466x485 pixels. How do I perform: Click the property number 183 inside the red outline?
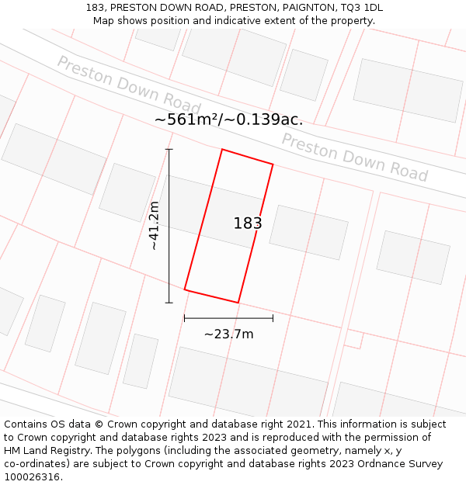pyautogui.click(x=248, y=223)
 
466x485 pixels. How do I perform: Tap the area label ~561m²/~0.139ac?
pyautogui.click(x=228, y=120)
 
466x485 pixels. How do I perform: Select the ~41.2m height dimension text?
pyautogui.click(x=154, y=225)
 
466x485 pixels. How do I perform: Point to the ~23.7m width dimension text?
pyautogui.click(x=228, y=334)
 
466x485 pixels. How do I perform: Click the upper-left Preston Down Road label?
pyautogui.click(x=129, y=86)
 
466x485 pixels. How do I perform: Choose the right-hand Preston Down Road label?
pyautogui.click(x=354, y=158)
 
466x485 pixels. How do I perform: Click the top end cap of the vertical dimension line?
pyautogui.click(x=169, y=149)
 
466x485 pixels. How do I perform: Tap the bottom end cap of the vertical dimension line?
pyautogui.click(x=169, y=303)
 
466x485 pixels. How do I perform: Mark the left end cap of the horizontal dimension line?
pyautogui.click(x=184, y=318)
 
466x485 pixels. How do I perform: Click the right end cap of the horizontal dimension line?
pyautogui.click(x=273, y=318)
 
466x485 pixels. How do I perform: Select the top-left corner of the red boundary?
pyautogui.click(x=222, y=150)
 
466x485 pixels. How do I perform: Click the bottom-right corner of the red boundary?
pyautogui.click(x=238, y=302)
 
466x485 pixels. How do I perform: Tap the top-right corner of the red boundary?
pyautogui.click(x=273, y=164)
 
